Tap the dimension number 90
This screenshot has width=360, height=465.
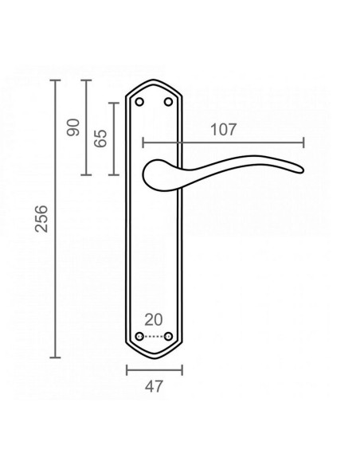click(x=74, y=127)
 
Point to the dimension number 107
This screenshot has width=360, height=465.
click(x=224, y=129)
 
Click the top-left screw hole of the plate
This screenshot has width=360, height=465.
click(x=140, y=101)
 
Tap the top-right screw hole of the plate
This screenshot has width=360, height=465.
click(x=169, y=101)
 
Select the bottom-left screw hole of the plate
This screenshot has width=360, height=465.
click(x=140, y=337)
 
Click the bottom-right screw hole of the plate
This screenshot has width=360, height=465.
click(x=169, y=337)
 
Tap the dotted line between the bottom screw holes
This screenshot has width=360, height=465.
click(x=155, y=337)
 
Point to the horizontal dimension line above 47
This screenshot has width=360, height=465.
click(x=155, y=369)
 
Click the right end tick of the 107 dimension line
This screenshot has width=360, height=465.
click(x=303, y=143)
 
